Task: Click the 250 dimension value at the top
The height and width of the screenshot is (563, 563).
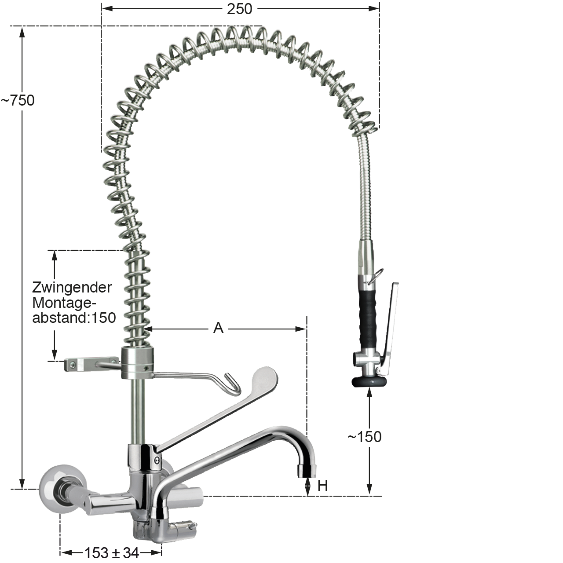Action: [x=239, y=9]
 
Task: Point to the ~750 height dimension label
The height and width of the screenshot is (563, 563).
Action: [x=18, y=100]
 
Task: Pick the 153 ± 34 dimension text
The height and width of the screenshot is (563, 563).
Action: [x=112, y=552]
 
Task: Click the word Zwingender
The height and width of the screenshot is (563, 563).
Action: [x=72, y=288]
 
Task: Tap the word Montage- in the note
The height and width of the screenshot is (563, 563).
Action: [x=64, y=303]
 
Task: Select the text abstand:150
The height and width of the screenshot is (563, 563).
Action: [x=74, y=318]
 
